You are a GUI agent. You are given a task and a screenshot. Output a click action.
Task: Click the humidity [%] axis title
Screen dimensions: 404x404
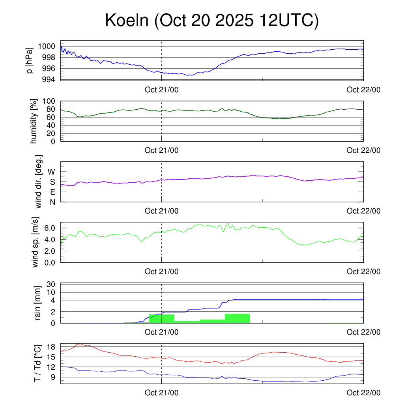(x=34, y=121)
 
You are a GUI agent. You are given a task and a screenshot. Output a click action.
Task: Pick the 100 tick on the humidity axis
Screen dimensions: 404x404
(x=50, y=101)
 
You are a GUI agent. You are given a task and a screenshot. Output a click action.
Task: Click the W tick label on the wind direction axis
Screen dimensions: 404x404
(x=51, y=172)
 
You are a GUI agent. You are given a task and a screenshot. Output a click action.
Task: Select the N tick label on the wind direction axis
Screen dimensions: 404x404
(x=52, y=202)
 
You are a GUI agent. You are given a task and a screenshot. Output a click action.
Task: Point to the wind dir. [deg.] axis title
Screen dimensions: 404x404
(x=39, y=181)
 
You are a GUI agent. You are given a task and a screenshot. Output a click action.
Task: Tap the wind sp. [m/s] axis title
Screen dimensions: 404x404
(x=36, y=242)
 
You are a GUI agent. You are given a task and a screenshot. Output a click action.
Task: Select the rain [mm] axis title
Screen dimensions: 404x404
(x=38, y=303)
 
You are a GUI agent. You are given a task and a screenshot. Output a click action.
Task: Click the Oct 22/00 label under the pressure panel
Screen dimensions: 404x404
(x=363, y=90)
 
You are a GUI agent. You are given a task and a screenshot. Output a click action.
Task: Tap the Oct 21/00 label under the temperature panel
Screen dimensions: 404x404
(x=161, y=393)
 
